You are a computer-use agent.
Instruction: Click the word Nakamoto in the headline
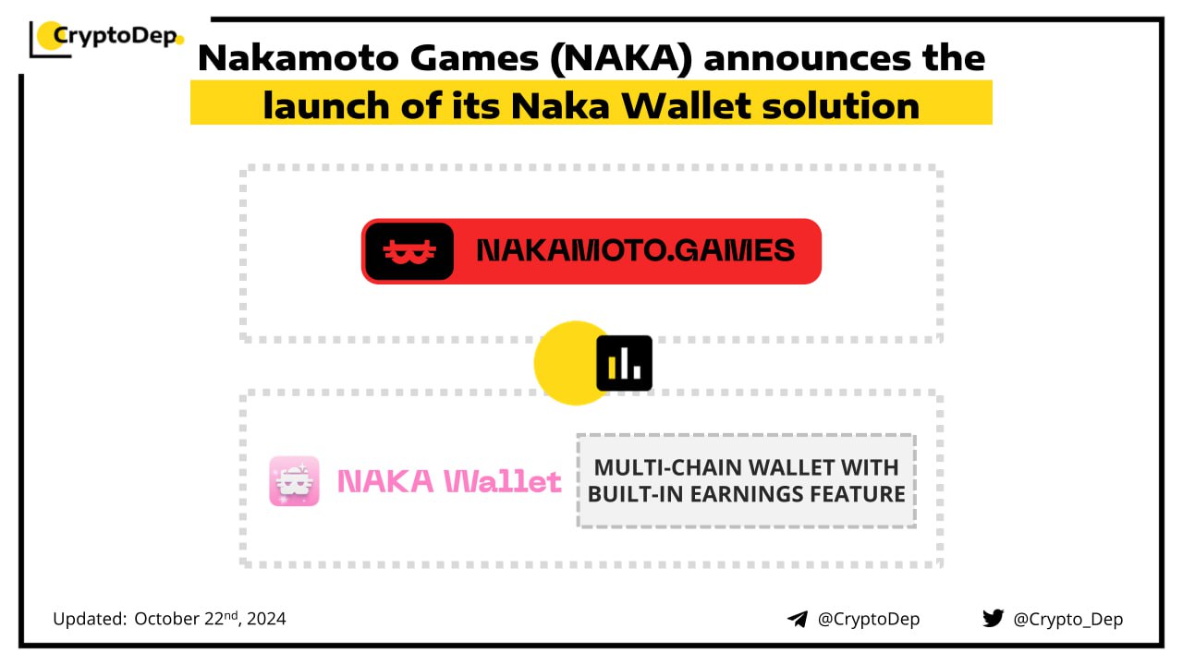(x=299, y=57)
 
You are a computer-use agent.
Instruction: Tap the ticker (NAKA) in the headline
(x=620, y=58)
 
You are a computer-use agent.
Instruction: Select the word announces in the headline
(x=808, y=58)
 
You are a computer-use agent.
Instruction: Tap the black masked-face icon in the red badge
(x=409, y=251)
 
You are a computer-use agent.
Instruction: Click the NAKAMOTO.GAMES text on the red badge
(x=635, y=250)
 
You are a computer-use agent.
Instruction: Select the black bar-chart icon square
(x=624, y=363)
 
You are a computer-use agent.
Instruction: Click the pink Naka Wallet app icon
(x=294, y=481)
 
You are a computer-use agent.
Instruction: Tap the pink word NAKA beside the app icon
(x=385, y=481)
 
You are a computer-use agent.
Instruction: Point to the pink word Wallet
(x=502, y=481)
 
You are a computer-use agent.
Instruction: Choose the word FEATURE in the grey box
(x=858, y=494)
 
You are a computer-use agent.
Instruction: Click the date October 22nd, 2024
(x=210, y=618)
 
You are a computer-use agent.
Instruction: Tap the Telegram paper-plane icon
(x=798, y=619)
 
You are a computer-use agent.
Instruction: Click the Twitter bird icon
(x=993, y=618)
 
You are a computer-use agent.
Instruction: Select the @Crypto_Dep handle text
(x=1067, y=619)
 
